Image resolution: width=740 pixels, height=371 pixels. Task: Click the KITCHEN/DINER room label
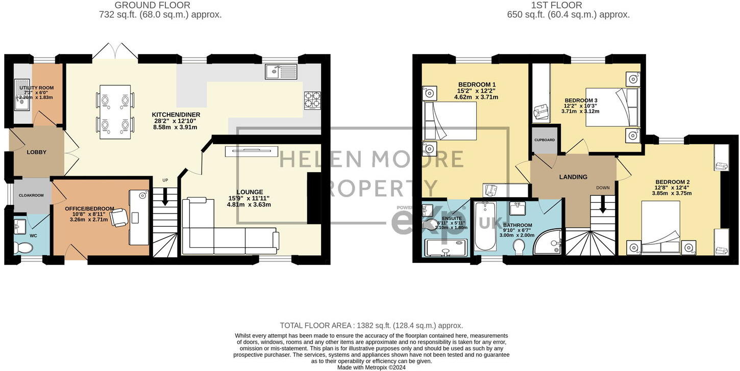coord(176,115)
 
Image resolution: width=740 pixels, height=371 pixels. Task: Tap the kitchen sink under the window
coord(281,72)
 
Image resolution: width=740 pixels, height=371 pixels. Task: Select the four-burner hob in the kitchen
coord(312,99)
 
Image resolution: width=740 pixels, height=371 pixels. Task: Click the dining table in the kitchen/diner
coord(115,112)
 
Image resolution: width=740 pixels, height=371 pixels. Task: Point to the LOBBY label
coord(37,152)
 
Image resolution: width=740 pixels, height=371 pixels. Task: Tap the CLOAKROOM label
coord(31,195)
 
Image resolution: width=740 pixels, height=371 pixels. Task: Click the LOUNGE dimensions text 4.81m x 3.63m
coord(249,205)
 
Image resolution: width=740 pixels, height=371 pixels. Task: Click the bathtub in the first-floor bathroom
coord(485,227)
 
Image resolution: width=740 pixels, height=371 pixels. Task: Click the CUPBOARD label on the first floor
coord(545,140)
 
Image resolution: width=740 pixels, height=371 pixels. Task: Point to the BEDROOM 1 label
coord(477,85)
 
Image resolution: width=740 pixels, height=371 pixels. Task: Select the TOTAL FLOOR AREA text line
coord(371,325)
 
